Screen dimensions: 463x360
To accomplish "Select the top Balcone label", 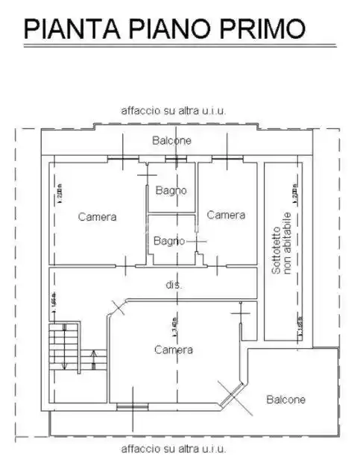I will point(171,140).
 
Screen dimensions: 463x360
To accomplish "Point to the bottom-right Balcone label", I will point(286,400).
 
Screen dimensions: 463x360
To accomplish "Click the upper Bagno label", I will point(171,190).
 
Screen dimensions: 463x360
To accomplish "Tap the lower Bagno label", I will point(169,240).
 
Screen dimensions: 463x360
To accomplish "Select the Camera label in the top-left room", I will point(97,217).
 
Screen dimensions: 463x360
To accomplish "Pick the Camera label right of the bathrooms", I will point(226,215).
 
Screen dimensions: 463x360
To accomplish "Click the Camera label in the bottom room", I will point(174,349).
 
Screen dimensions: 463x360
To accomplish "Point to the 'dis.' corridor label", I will point(174,285).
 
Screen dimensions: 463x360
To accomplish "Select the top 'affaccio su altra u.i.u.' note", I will point(174,110).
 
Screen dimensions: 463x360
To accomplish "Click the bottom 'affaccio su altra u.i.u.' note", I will point(174,449).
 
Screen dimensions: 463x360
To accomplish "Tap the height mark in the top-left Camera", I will point(57,195).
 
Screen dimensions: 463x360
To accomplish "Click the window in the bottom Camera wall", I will point(131,406).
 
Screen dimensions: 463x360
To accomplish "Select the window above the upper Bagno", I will point(175,159).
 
